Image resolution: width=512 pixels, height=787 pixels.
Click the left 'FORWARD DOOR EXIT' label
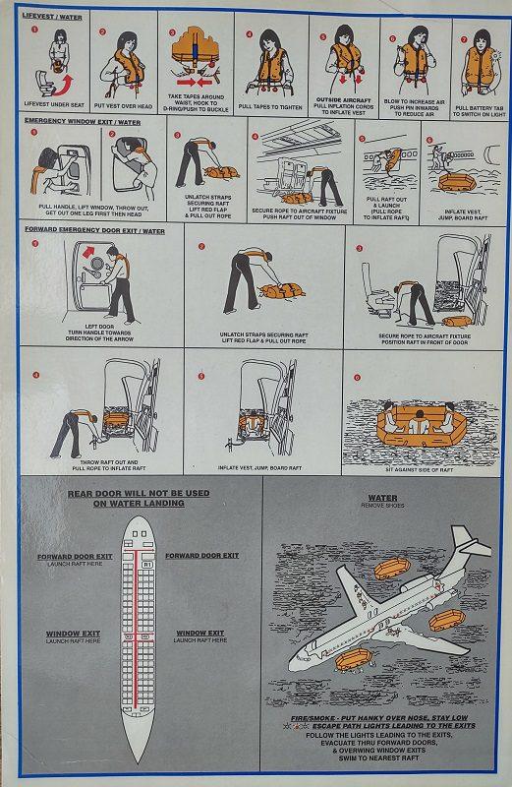(75, 557)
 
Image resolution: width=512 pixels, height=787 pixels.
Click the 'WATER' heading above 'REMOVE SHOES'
(382, 498)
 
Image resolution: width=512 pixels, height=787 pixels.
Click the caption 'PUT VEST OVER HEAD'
(126, 104)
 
